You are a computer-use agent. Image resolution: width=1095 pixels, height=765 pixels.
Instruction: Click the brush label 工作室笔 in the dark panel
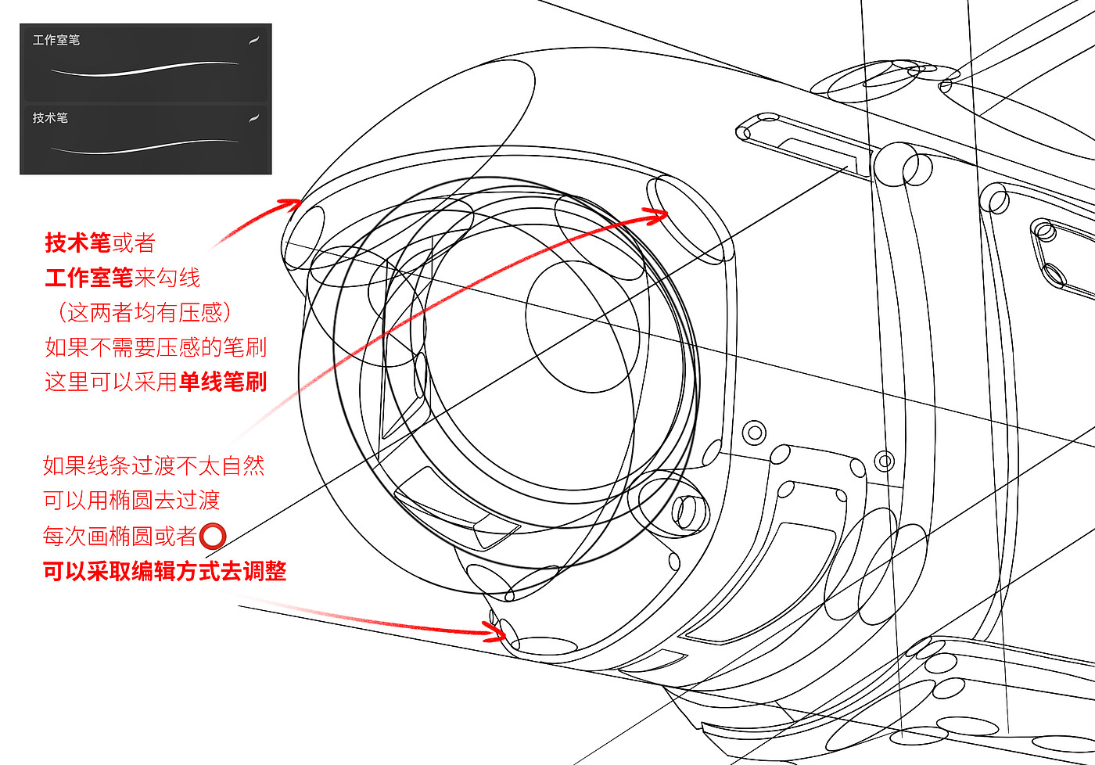pyautogui.click(x=56, y=40)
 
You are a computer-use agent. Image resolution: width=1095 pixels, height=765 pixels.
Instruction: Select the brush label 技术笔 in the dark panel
pyautogui.click(x=50, y=118)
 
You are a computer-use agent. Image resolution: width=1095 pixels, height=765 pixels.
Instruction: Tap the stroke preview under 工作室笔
pyautogui.click(x=145, y=70)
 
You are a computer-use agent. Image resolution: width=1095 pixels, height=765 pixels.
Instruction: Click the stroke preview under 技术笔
pyautogui.click(x=145, y=145)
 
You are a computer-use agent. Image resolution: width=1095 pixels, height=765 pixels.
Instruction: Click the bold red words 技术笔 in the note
pyautogui.click(x=77, y=242)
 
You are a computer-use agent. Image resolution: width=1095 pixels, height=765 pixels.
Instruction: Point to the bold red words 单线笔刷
pyautogui.click(x=223, y=382)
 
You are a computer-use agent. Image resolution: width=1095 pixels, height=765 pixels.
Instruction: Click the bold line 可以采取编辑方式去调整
pyautogui.click(x=164, y=571)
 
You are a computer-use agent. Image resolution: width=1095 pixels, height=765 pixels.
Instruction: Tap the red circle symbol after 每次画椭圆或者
pyautogui.click(x=213, y=537)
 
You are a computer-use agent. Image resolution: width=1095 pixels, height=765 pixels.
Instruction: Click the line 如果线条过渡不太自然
pyautogui.click(x=153, y=466)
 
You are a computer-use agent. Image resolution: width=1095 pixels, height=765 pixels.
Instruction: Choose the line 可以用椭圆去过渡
pyautogui.click(x=131, y=501)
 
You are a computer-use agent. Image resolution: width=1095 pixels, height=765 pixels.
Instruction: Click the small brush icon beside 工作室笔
pyautogui.click(x=253, y=40)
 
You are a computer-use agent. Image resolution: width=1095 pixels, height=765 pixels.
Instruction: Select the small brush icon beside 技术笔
pyautogui.click(x=253, y=118)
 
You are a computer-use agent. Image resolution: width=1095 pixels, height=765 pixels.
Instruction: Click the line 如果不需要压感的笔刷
pyautogui.click(x=156, y=347)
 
